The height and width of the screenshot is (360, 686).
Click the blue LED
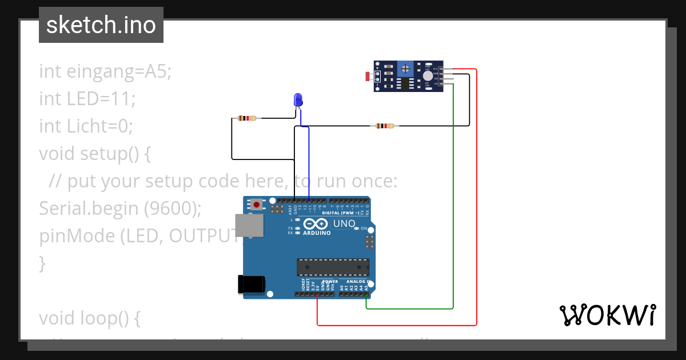click(x=298, y=101)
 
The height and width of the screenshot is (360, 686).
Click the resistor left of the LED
click(x=248, y=118)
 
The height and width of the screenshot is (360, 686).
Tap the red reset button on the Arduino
click(x=257, y=204)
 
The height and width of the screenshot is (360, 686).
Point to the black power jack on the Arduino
click(x=252, y=284)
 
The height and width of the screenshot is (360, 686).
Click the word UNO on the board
click(x=344, y=223)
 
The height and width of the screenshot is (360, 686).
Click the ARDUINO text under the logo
click(x=317, y=233)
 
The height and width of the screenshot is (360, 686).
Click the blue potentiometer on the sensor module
click(x=405, y=69)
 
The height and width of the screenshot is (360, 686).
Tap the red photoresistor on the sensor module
click(x=368, y=75)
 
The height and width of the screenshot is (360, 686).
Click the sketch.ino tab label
click(x=101, y=25)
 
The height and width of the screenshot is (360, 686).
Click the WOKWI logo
click(x=607, y=315)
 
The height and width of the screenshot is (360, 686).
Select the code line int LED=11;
click(x=87, y=99)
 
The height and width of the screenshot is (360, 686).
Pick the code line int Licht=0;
click(x=86, y=126)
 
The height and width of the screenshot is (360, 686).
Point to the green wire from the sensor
click(x=453, y=200)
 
